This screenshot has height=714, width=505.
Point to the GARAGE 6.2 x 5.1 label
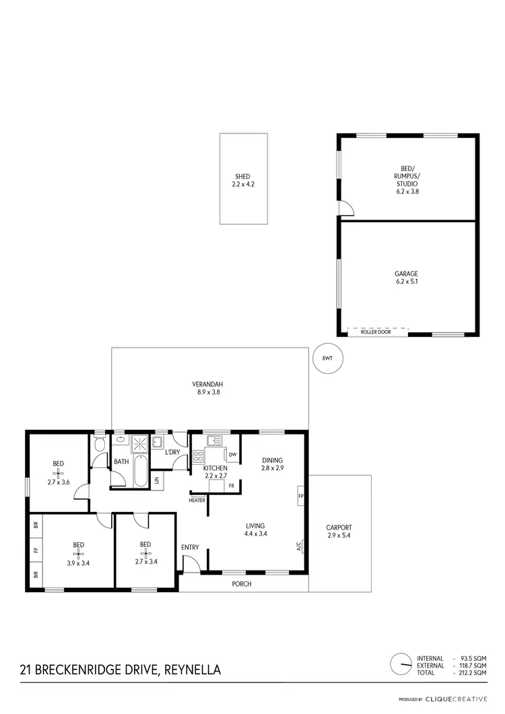click(406, 278)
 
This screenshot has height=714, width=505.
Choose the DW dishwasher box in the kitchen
click(233, 455)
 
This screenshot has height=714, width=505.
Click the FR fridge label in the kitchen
click(231, 486)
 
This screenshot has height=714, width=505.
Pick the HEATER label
click(197, 500)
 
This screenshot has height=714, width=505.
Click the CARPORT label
click(339, 531)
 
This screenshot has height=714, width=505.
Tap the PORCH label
click(241, 584)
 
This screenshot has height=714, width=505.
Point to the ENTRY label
click(190, 547)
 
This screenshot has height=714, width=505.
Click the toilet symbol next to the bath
click(100, 445)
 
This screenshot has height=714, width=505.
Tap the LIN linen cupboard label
click(156, 480)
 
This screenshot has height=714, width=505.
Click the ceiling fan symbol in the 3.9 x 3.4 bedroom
click(79, 553)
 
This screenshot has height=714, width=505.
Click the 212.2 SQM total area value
click(471, 672)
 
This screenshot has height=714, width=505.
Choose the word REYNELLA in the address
click(192, 670)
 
